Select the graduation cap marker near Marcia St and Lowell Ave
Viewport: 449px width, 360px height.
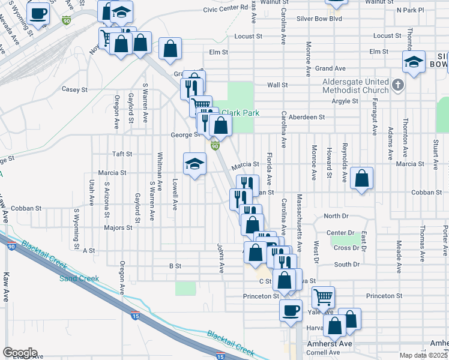194,164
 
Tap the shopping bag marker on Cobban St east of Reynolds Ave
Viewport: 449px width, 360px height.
361,178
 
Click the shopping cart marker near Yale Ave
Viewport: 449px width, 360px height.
323,296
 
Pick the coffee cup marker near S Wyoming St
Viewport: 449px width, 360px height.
38,13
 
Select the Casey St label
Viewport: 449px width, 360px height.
75,89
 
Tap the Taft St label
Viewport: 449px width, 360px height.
122,154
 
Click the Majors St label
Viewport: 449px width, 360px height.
118,228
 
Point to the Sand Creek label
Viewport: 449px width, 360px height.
79,278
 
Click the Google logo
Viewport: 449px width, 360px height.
20,353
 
